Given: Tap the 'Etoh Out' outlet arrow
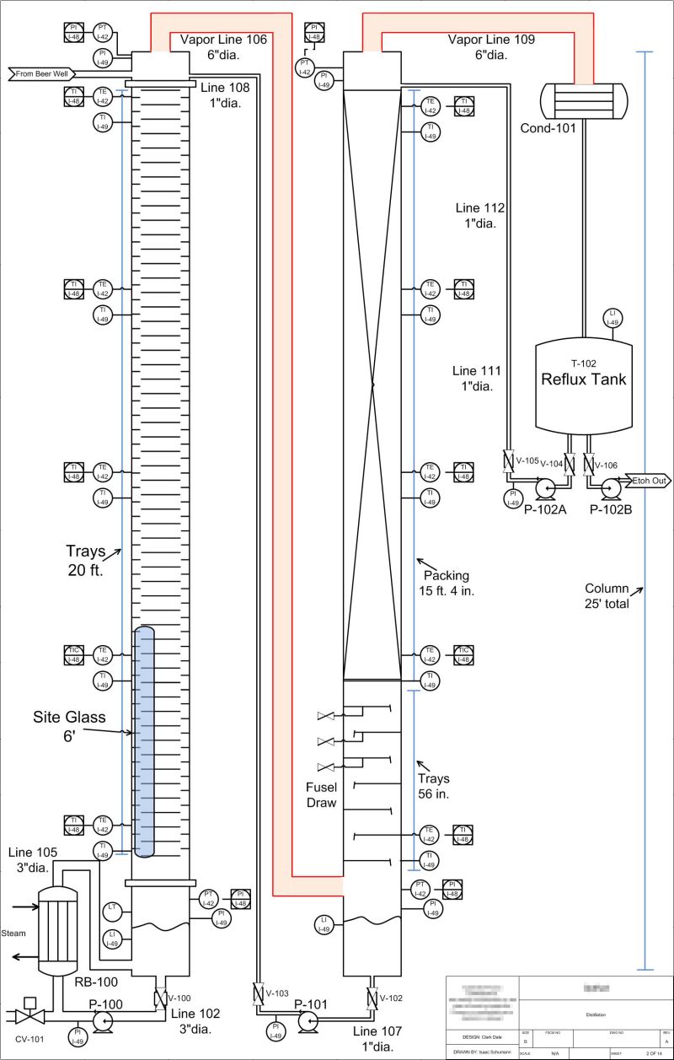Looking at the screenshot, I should click(648, 481).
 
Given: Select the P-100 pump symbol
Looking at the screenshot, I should click(103, 1020).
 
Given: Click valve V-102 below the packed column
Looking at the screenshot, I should click(371, 998).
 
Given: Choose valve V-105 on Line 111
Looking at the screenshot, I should click(508, 462).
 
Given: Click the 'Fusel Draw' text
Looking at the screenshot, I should click(321, 794).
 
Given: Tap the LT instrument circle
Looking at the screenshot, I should click(112, 909).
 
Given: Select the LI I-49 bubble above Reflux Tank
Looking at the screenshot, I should click(613, 318).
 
